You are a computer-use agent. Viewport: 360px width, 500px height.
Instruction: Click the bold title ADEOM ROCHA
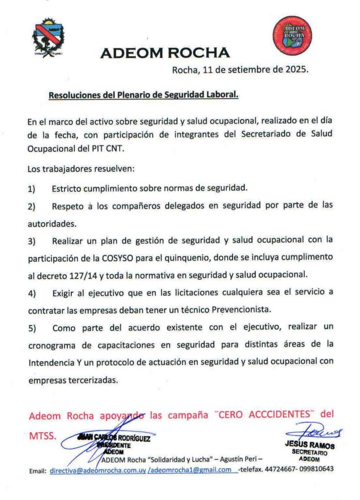pos(165,53)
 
